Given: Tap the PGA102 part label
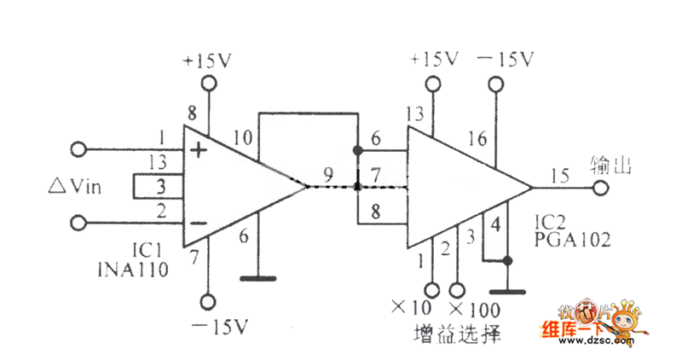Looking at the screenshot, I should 573,241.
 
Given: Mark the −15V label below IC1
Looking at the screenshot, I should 218,327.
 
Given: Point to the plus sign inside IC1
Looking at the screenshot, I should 199,151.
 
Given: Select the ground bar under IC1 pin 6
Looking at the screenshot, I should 260,277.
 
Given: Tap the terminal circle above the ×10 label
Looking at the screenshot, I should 432,288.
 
